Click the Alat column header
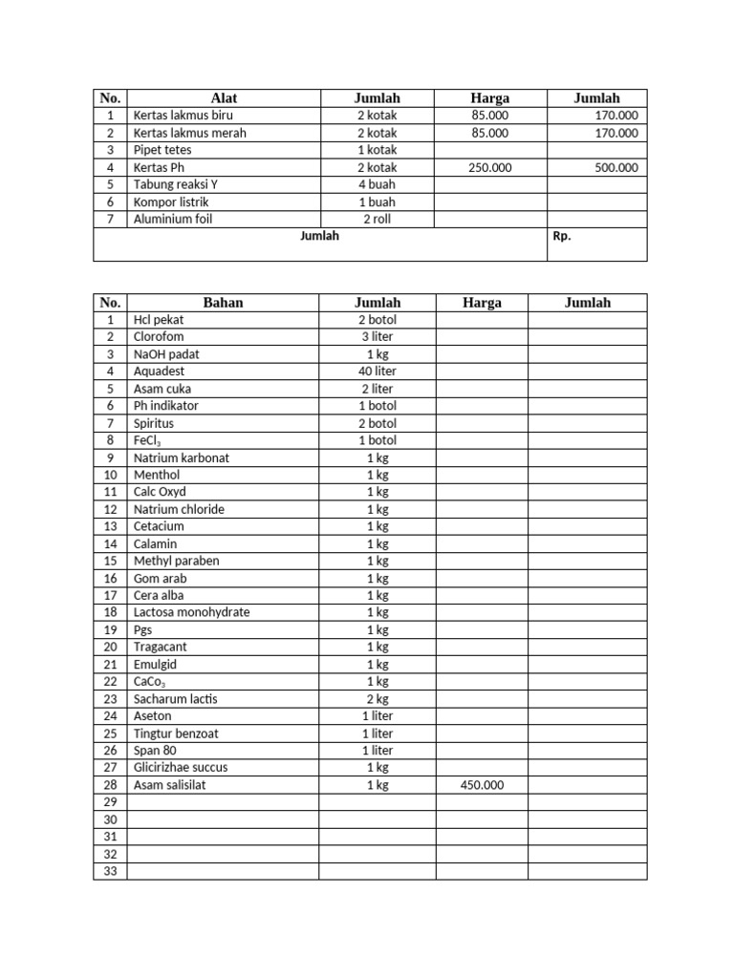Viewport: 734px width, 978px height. coord(224,97)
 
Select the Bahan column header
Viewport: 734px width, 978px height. coord(224,303)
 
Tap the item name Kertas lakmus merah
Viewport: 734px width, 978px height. coord(189,133)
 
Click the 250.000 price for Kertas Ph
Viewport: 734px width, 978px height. coord(489,167)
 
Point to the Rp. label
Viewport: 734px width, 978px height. coord(562,236)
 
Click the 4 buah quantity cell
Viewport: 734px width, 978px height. coord(377,184)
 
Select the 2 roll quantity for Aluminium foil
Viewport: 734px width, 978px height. coord(377,219)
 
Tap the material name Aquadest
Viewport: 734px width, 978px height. coord(159,371)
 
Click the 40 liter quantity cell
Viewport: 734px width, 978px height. coord(377,371)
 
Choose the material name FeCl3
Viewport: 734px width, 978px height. coord(146,440)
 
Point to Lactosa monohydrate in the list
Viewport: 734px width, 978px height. coord(191,612)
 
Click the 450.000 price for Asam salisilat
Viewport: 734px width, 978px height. coord(482,785)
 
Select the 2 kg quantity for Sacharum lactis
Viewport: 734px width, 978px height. coord(377,698)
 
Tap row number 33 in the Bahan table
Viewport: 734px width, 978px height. coord(110,871)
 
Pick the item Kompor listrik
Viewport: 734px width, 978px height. coord(170,202)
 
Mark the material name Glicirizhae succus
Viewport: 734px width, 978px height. coord(181,767)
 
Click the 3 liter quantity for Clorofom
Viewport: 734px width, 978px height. coord(377,336)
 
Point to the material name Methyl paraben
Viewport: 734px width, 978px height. coord(176,561)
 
